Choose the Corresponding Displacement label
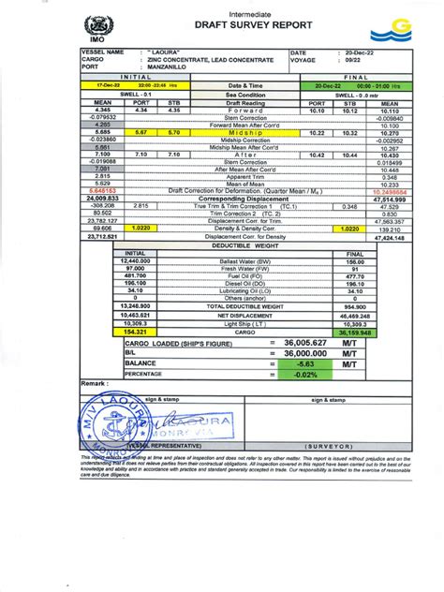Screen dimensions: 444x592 [239, 199]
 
